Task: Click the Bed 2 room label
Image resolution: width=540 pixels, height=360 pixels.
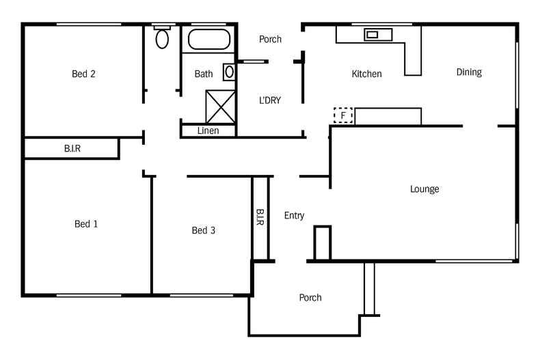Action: [x=83, y=74]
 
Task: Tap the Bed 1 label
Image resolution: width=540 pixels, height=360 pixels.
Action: [x=86, y=224]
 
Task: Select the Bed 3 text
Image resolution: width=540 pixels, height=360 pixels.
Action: [x=203, y=231]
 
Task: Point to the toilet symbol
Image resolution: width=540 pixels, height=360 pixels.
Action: [x=162, y=38]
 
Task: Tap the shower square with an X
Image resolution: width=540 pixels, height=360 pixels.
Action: [x=221, y=106]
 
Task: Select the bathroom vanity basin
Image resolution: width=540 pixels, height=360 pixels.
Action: [x=229, y=71]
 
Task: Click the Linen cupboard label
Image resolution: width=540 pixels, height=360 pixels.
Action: [x=208, y=130]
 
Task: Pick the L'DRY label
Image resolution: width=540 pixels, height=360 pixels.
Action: [x=269, y=100]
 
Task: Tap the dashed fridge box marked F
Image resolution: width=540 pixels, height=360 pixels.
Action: [x=342, y=116]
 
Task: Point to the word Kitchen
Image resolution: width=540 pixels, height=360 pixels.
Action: [x=366, y=74]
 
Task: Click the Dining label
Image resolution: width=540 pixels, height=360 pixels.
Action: [x=469, y=72]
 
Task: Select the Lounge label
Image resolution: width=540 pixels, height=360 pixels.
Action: [x=424, y=189]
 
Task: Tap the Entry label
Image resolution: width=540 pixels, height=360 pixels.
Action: [x=294, y=216]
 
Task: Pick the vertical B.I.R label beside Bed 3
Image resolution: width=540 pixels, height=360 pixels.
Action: [x=260, y=218]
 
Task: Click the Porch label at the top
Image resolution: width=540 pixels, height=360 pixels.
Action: [x=270, y=40]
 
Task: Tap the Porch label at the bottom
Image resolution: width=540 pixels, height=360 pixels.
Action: [x=310, y=298]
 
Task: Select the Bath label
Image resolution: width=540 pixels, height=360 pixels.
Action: [x=204, y=74]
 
